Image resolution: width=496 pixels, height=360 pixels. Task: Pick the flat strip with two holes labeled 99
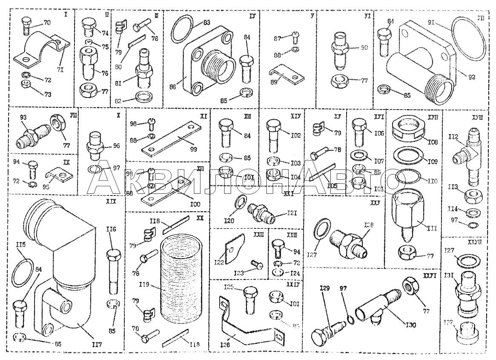pos(170,138)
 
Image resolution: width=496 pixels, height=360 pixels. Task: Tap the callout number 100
pos(195,204)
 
